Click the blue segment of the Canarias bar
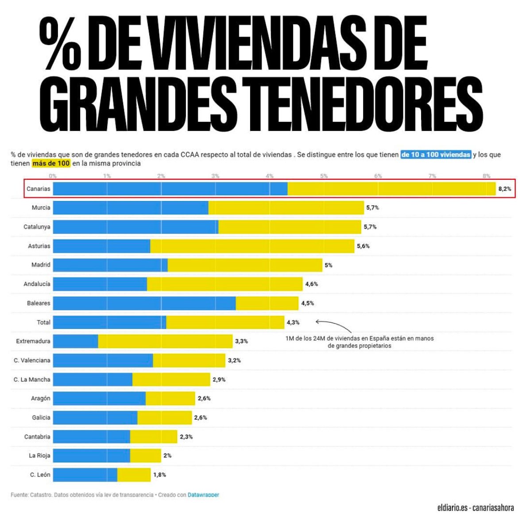point(170,189)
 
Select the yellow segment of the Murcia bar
point(286,208)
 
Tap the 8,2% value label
point(504,189)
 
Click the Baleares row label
point(39,303)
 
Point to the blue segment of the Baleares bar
point(144,303)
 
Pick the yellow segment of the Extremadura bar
point(165,341)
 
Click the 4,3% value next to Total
point(293,322)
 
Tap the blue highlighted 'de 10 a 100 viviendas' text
point(435,154)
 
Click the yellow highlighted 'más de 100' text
point(51,163)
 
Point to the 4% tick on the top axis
point(270,176)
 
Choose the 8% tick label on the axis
point(487,176)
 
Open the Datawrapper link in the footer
point(203,495)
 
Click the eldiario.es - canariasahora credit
point(475,508)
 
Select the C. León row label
point(40,474)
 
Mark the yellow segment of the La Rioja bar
point(145,455)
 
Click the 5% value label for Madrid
point(328,265)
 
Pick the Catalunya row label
point(37,227)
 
